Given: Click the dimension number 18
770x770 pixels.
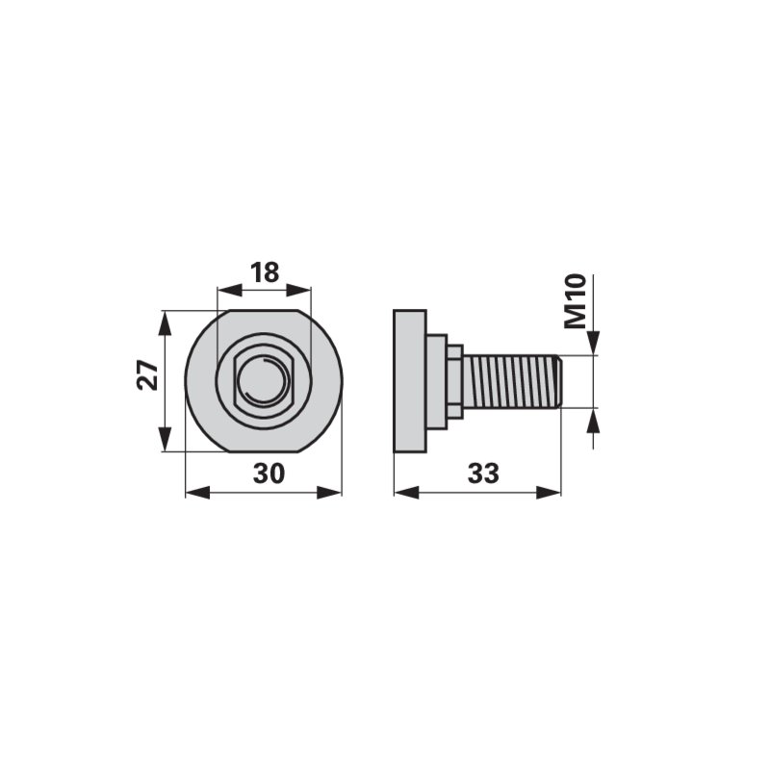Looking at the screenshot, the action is point(265,272).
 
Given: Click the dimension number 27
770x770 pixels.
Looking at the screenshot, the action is point(148,375).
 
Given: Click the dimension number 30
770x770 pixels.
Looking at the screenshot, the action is point(269,474).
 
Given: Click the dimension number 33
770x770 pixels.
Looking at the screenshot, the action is point(483,474).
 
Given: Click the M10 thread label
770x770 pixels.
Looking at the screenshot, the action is point(576,301).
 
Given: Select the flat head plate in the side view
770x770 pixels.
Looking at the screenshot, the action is point(410,381).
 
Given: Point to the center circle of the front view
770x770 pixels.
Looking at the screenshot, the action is point(264,381).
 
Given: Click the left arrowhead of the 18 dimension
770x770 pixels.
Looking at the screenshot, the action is point(230,290).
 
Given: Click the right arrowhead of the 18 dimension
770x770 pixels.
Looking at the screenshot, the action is point(298,290).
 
